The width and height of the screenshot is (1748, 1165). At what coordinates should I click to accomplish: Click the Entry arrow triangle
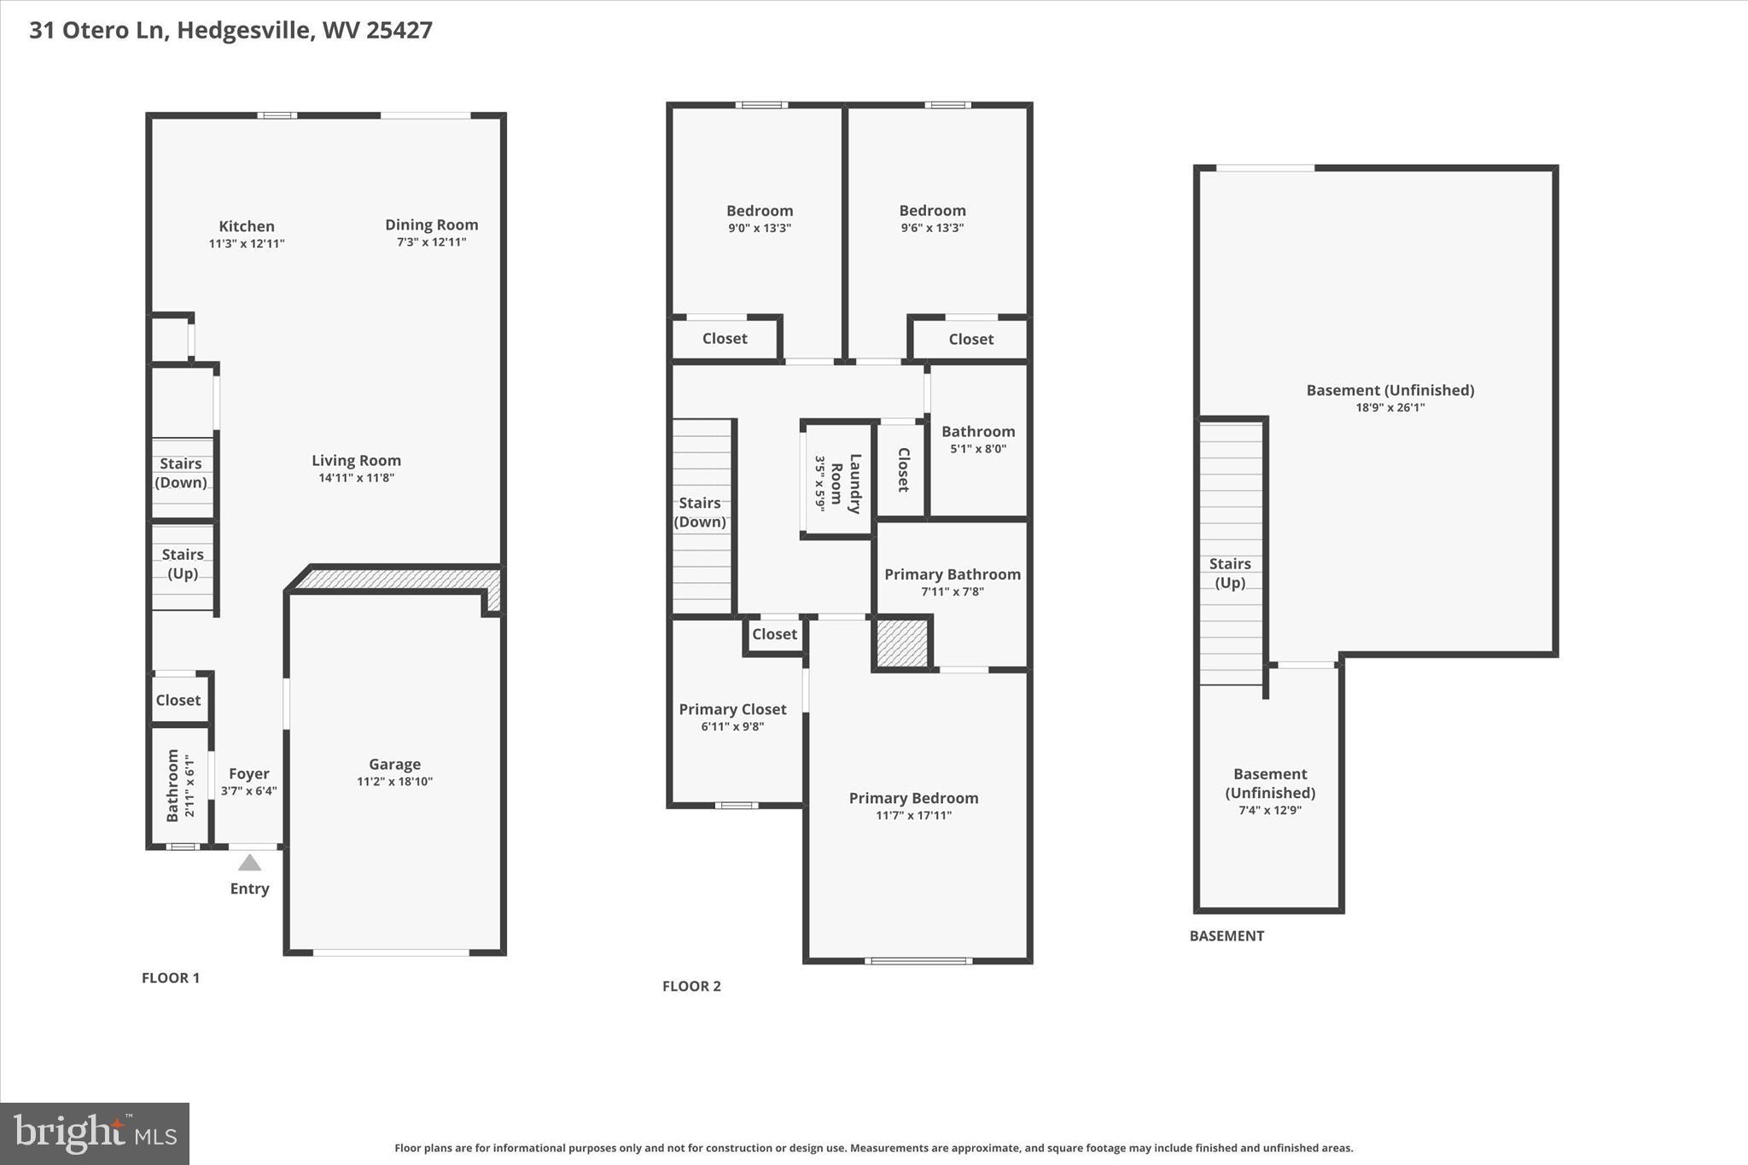[x=249, y=863]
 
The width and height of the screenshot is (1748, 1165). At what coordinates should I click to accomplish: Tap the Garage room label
[x=394, y=765]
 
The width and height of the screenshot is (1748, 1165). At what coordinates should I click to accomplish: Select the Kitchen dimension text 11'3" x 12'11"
[x=247, y=244]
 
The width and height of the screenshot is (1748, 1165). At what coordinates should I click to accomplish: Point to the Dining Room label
[x=431, y=224]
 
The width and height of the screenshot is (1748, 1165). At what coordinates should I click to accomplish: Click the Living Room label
[x=356, y=461]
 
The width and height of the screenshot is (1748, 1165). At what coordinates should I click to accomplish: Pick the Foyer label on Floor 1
[x=249, y=774]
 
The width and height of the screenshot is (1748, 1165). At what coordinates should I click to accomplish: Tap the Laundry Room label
[x=846, y=483]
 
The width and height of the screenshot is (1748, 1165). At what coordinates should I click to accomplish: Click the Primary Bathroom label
[x=952, y=574]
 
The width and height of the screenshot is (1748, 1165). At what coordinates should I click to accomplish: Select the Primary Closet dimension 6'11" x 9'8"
[x=732, y=727]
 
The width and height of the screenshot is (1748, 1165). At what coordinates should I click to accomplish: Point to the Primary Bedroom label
[x=913, y=798]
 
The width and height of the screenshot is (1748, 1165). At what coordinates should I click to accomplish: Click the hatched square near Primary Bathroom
[x=902, y=644]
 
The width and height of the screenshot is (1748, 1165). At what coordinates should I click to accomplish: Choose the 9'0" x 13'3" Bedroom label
[x=760, y=211]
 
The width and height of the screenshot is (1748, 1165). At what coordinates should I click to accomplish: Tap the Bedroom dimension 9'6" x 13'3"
[x=932, y=228]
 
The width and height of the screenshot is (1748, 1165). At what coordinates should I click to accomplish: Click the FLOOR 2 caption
[x=691, y=987]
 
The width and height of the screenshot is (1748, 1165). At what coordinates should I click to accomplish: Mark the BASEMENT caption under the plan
[x=1227, y=936]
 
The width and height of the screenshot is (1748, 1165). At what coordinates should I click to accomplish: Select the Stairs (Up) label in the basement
[x=1230, y=573]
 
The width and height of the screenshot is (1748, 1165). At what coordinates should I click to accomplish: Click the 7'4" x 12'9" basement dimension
[x=1270, y=810]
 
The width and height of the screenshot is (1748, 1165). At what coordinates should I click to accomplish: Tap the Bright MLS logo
[x=95, y=1133]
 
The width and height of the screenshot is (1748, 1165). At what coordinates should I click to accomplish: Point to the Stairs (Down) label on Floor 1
[x=181, y=473]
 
